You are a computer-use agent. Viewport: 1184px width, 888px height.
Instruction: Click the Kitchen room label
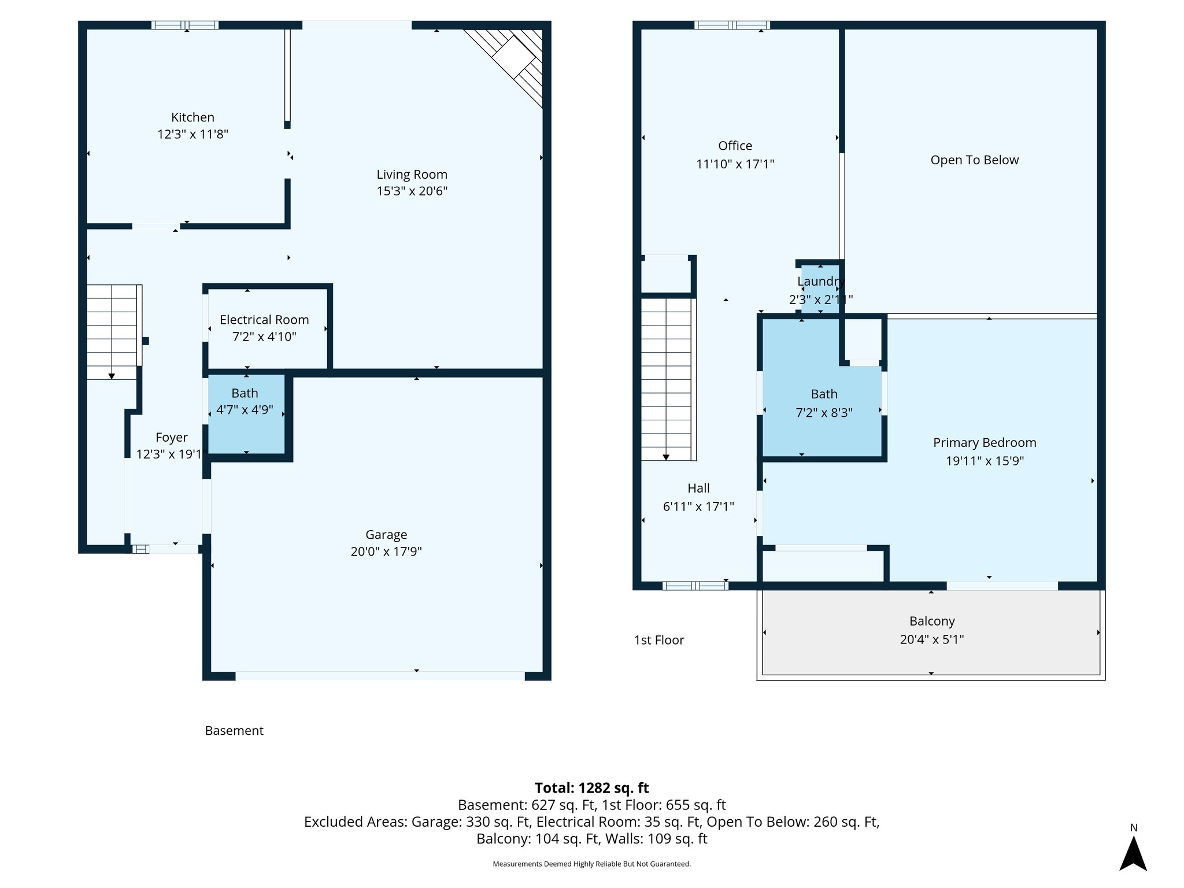click(x=193, y=117)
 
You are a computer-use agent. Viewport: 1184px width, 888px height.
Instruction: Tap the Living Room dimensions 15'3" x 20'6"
click(x=412, y=191)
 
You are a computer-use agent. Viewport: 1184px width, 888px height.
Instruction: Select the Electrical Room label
click(x=264, y=320)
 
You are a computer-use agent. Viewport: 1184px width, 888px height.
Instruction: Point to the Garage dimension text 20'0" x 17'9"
click(x=386, y=552)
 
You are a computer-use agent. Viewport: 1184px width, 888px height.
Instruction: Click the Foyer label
click(x=172, y=438)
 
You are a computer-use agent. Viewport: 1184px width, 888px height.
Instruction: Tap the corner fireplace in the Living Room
click(x=513, y=58)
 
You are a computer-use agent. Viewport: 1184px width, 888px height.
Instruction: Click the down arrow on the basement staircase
click(x=112, y=376)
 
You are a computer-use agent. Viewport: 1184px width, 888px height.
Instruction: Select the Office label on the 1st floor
click(x=735, y=146)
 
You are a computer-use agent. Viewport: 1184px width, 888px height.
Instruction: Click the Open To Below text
click(x=974, y=160)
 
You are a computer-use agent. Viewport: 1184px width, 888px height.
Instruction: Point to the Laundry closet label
click(x=820, y=282)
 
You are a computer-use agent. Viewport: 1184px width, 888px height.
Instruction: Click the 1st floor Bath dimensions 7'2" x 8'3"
click(x=824, y=413)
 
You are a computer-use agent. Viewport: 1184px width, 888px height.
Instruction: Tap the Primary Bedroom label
click(x=984, y=443)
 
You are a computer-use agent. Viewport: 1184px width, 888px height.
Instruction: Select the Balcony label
click(x=931, y=621)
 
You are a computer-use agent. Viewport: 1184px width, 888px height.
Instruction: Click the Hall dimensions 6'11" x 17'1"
click(x=698, y=506)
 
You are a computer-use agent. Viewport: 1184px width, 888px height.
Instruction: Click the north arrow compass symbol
click(x=1133, y=853)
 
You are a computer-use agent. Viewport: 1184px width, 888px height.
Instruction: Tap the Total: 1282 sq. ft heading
click(x=591, y=788)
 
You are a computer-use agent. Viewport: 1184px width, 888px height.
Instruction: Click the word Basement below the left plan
click(x=234, y=731)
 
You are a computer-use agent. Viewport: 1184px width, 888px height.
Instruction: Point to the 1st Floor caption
click(x=659, y=640)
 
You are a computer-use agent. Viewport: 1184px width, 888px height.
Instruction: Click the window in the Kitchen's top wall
click(x=185, y=25)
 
